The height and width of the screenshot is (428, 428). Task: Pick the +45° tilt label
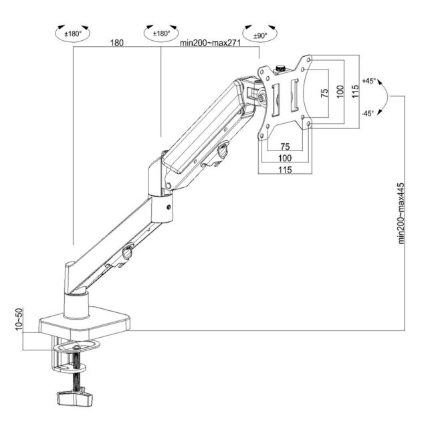368,81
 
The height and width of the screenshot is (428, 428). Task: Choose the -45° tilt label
368,113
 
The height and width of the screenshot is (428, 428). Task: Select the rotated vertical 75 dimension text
324,92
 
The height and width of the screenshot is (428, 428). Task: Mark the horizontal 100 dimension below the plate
285,158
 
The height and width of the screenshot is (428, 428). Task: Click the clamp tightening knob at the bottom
74,399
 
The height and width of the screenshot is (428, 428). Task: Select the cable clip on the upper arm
223,152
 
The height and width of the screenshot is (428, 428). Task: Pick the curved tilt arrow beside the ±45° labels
385,97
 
